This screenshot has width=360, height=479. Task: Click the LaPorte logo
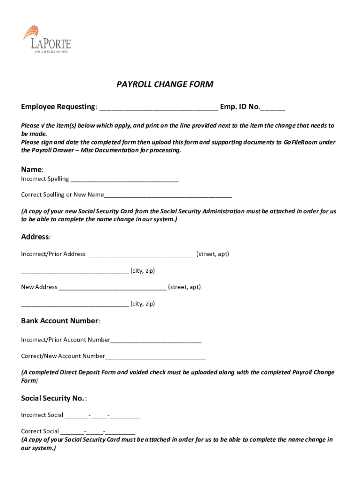pos(47,39)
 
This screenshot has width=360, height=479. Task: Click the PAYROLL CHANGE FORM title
pos(165,85)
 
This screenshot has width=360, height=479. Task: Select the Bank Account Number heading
pos(60,321)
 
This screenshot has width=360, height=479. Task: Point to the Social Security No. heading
pos(53,398)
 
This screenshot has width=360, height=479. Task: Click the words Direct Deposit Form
pos(88,372)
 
